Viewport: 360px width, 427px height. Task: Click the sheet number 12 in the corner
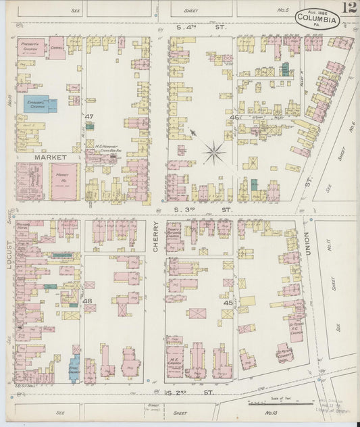point(349,9)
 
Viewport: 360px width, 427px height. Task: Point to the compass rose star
point(214,152)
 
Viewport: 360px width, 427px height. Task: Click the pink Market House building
point(65,180)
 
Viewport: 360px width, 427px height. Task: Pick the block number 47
point(88,117)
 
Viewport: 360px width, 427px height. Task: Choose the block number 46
point(234,118)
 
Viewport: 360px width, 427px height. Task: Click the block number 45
point(228,303)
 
